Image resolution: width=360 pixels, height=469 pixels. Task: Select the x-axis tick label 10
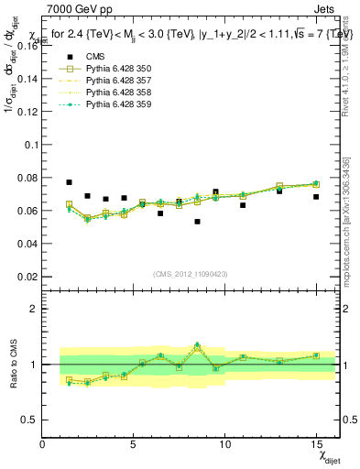(224, 444)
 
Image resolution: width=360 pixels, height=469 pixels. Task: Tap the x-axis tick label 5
(134, 444)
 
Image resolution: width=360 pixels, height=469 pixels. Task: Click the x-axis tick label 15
(315, 444)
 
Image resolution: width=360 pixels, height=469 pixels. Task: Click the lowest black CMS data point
(197, 222)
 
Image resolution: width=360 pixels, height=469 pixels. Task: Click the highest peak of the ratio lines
(197, 345)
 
